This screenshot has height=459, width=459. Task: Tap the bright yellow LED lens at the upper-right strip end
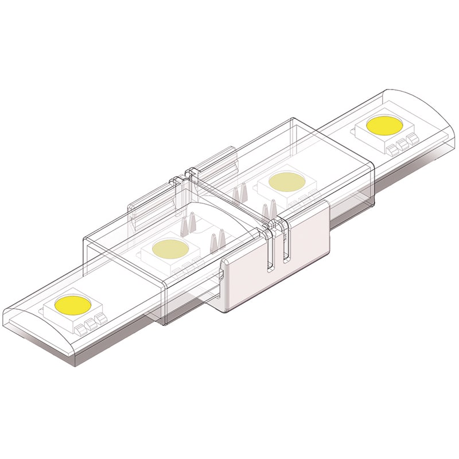pos(386,125)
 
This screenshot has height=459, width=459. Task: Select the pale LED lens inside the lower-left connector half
pos(170,248)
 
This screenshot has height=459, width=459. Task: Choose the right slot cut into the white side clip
pos(285,244)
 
